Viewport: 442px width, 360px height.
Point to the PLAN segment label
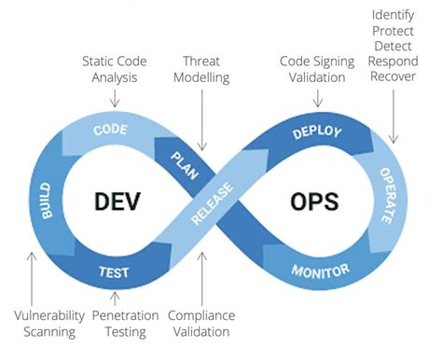point(185,154)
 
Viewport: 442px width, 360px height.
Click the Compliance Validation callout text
point(200,324)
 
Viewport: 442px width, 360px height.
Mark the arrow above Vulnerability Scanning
point(32,277)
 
